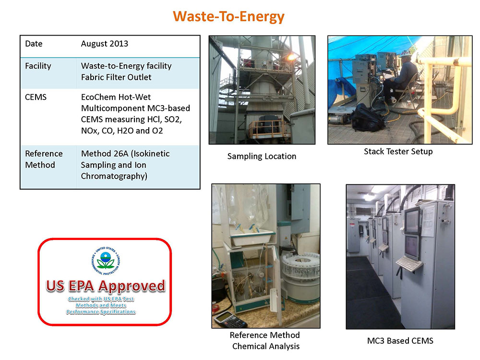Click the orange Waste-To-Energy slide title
[x=228, y=16]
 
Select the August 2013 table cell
[x=104, y=44]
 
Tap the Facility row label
[x=38, y=66]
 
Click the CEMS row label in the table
[x=36, y=97]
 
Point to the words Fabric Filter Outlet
[x=116, y=77]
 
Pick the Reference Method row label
[x=44, y=159]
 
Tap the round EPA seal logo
[x=106, y=261]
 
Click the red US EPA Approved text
[x=106, y=286]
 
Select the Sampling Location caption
[x=262, y=156]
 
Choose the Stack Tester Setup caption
[x=398, y=152]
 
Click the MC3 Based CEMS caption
[x=400, y=341]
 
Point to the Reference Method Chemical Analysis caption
[x=265, y=341]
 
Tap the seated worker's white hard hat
[x=407, y=53]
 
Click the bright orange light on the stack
[x=291, y=57]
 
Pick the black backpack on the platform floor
[x=367, y=118]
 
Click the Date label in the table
[x=34, y=44]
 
